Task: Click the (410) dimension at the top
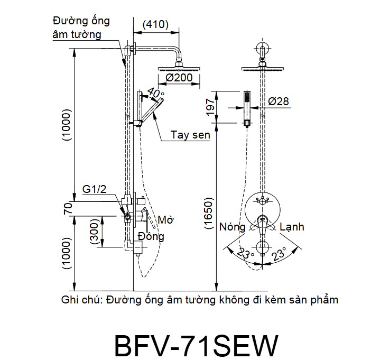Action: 156,25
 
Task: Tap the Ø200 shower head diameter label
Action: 179,78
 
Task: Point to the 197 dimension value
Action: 210,107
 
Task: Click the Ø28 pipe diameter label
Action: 279,101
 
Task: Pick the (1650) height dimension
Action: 209,213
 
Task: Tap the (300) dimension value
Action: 95,231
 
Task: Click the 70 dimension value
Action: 68,208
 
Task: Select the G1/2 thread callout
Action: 94,189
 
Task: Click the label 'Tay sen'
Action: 190,135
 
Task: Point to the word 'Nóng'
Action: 233,227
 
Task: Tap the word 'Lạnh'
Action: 292,227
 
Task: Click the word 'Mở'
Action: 165,219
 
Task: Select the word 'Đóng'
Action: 151,236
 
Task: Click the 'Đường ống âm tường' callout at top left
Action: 81,27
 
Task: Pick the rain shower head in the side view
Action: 179,69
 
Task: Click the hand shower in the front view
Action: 247,108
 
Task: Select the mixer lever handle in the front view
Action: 262,225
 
